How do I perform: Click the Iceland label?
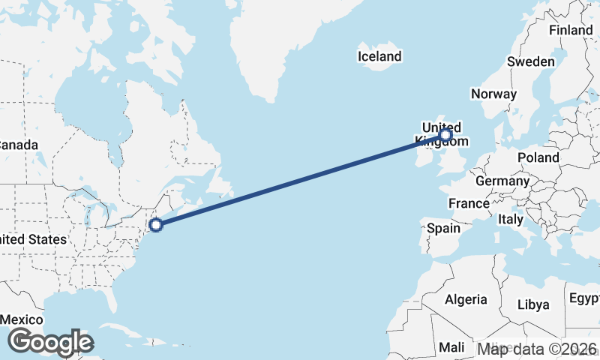[x=379, y=56]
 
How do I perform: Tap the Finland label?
[x=571, y=30]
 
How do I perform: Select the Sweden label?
[x=530, y=61]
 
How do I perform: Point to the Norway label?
[x=493, y=94]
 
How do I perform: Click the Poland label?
[x=537, y=157]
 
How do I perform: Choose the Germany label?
[x=502, y=181]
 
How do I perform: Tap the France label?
[x=469, y=203]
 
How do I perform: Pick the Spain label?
[x=442, y=228]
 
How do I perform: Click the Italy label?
[x=511, y=220]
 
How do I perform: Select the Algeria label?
[x=466, y=300]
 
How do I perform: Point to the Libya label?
[x=534, y=304]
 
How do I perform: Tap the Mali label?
[x=451, y=347]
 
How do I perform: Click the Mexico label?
[x=20, y=319]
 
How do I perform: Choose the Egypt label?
[x=584, y=298]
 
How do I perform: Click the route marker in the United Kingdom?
[x=445, y=135]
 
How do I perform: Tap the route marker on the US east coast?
[x=157, y=224]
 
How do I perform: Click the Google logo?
[x=50, y=341]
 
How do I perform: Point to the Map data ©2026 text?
[x=538, y=349]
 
